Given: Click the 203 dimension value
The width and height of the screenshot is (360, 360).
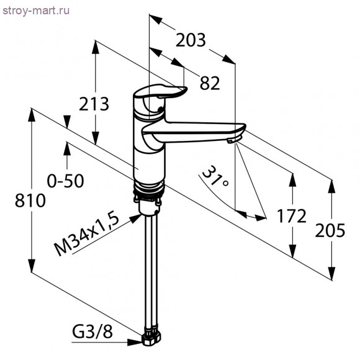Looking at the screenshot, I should [x=191, y=40].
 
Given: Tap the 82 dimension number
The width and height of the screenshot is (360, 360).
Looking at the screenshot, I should [x=210, y=83].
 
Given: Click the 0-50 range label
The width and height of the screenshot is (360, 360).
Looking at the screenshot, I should [x=65, y=181].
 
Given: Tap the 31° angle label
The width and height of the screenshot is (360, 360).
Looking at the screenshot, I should [x=215, y=177].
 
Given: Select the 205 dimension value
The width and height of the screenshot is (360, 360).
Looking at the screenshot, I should [x=330, y=230].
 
